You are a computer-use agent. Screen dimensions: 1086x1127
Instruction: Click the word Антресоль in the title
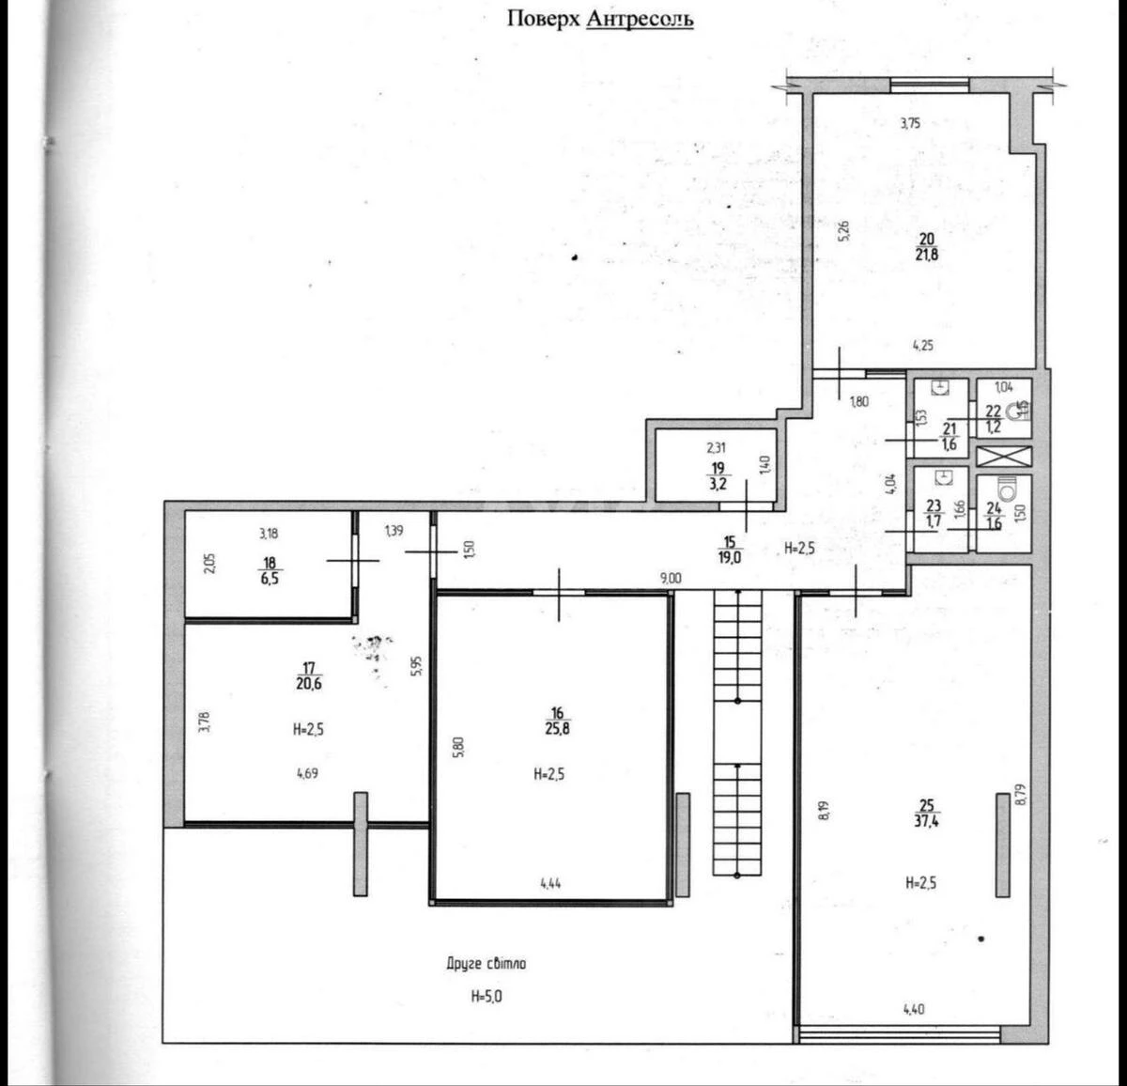[x=640, y=18]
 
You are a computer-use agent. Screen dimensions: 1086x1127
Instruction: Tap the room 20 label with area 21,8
[x=927, y=246]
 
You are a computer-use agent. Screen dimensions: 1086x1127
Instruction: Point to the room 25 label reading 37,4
[x=927, y=813]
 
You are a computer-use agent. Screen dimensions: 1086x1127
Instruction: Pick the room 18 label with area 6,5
[x=270, y=570]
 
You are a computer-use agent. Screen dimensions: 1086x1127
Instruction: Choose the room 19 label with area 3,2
[x=718, y=476]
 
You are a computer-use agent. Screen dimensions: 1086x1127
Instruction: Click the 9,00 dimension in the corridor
[x=670, y=579]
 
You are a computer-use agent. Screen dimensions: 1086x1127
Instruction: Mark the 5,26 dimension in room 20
[x=843, y=231]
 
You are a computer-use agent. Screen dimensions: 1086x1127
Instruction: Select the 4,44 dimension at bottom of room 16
[x=551, y=882]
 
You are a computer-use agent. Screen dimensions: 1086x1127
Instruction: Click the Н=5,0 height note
[x=486, y=997]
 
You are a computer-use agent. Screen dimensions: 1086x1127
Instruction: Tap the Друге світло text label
[x=486, y=964]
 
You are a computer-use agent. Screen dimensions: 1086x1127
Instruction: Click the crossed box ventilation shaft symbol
[x=1003, y=458]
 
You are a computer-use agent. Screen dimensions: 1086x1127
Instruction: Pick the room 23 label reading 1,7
[x=934, y=513]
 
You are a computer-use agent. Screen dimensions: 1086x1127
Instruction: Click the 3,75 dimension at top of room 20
[x=909, y=122]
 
